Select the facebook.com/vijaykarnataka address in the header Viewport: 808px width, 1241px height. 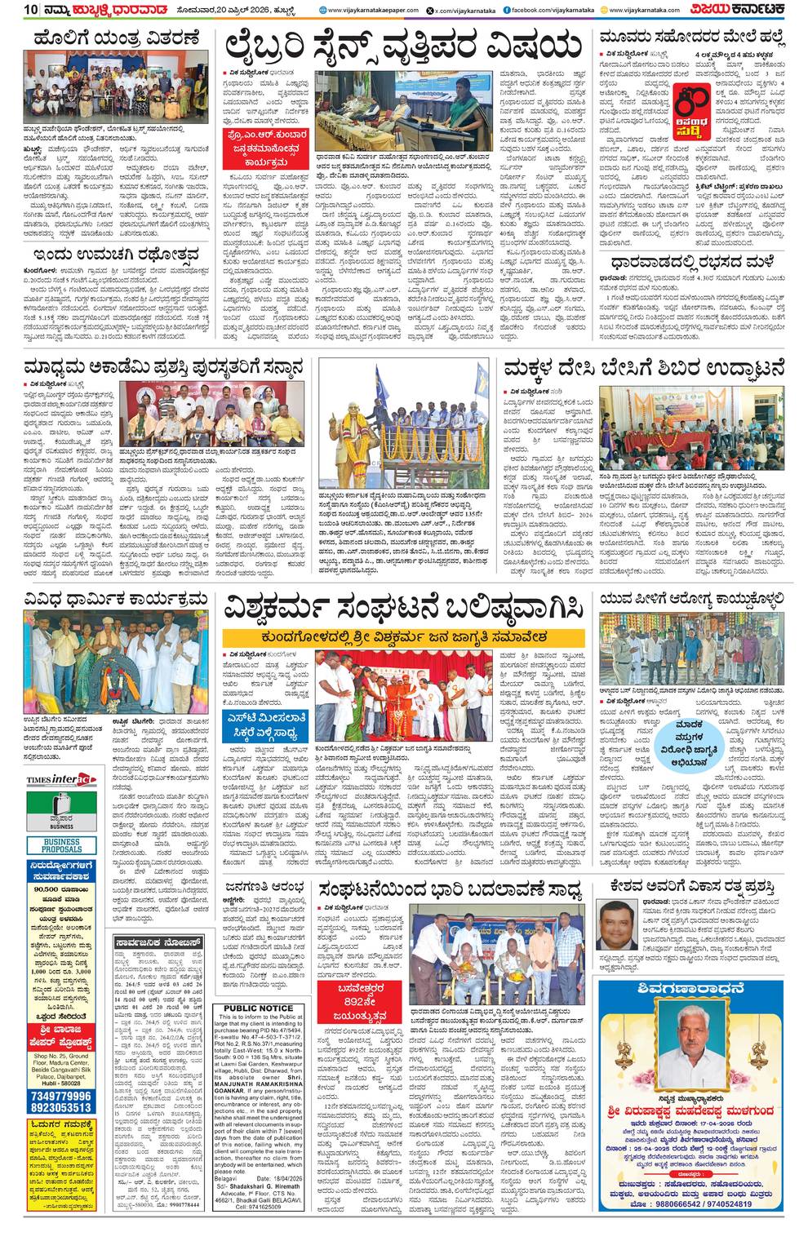click(548, 10)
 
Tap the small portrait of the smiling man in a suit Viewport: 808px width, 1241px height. click(616, 927)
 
